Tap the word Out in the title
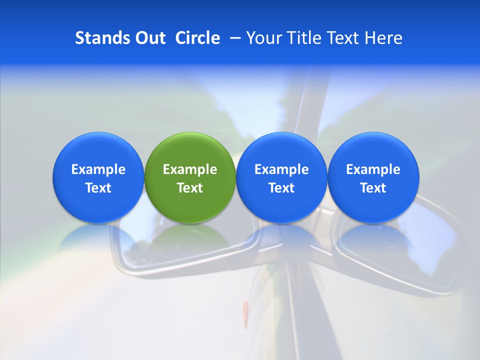149,38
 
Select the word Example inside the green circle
190,169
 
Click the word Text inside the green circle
190,188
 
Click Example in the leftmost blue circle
98,169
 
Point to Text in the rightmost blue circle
373,188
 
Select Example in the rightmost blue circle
373,169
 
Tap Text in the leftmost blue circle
98,188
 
